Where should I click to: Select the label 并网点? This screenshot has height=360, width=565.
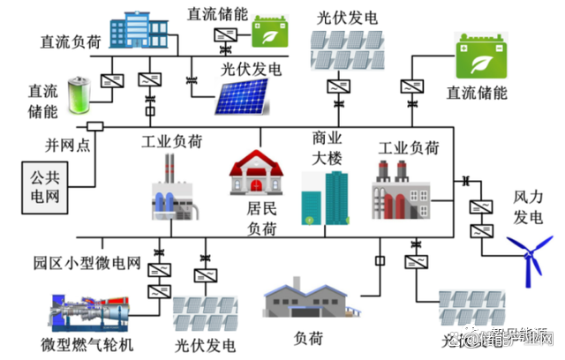(68, 143)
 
